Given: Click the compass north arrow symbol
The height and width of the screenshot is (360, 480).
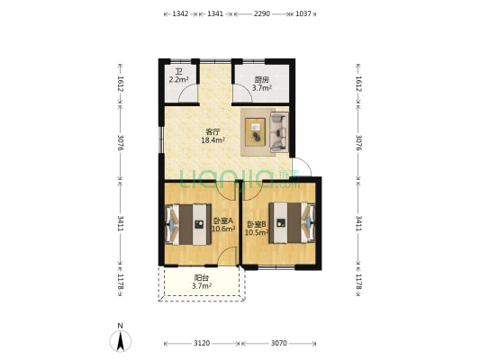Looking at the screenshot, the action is coord(121,341).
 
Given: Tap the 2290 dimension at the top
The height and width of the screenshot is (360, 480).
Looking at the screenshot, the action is coord(262,13).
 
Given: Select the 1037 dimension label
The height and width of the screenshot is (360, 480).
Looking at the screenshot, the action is coord(303,13).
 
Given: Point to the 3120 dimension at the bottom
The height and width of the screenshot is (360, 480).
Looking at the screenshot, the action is coord(202,343).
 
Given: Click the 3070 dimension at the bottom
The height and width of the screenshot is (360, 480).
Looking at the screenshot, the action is coord(279,343).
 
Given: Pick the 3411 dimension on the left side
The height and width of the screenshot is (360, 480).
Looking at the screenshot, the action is coord(121,223).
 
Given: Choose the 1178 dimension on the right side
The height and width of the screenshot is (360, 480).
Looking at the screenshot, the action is coord(358,282).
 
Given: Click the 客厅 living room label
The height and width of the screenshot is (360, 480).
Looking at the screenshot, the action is coord(213,132).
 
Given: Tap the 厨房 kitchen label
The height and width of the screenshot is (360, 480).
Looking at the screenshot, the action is coord(262,80).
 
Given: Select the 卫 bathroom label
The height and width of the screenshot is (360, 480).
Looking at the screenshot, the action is coord(178,72).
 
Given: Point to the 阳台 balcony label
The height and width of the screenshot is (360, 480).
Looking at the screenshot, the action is coord(202,278).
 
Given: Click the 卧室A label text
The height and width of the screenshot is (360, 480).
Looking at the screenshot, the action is coord(223,220).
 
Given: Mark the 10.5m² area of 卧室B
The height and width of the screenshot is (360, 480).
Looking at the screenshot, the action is coord(257,233).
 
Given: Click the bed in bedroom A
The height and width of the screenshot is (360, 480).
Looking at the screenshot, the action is coord(188,224).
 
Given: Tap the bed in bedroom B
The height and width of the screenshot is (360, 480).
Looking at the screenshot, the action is coord(292,222).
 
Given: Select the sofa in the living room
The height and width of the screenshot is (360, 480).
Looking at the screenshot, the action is coord(279,132).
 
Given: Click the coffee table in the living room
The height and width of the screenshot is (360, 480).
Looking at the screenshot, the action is coord(255,131).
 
